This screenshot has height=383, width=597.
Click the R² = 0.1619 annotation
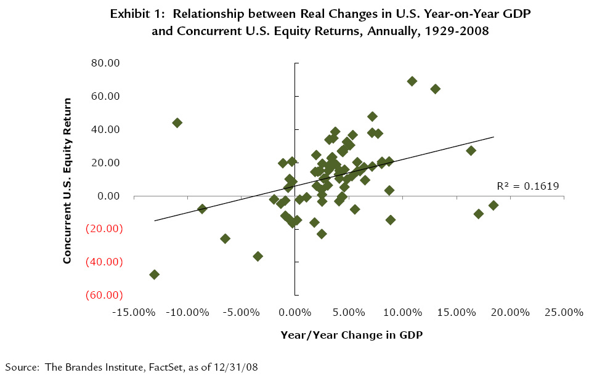(x=527, y=185)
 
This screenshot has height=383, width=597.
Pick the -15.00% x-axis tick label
(x=134, y=312)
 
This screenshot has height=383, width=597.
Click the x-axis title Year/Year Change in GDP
(x=351, y=335)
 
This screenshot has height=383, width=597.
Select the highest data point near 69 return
(x=412, y=81)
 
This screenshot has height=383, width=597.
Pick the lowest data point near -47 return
(x=154, y=275)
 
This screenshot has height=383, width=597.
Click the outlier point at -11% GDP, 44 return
(x=177, y=123)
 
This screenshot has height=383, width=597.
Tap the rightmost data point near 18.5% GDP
(x=493, y=205)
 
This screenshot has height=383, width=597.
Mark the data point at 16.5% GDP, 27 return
(x=471, y=151)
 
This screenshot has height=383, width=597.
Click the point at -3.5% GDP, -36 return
(x=258, y=256)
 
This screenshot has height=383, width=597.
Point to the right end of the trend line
(x=493, y=137)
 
